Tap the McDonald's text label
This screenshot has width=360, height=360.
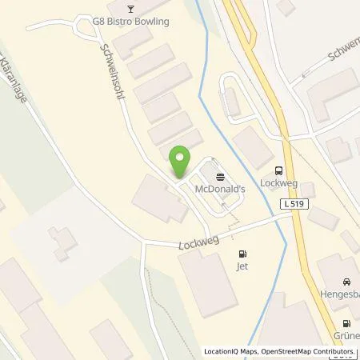pos(219,188)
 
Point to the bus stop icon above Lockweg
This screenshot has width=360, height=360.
pos(278,170)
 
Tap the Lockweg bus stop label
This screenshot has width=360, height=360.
pos(278,182)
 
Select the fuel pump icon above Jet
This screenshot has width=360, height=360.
pos(243,254)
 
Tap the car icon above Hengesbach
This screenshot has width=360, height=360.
pos(346,282)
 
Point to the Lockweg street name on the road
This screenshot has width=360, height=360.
pos(199,238)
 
